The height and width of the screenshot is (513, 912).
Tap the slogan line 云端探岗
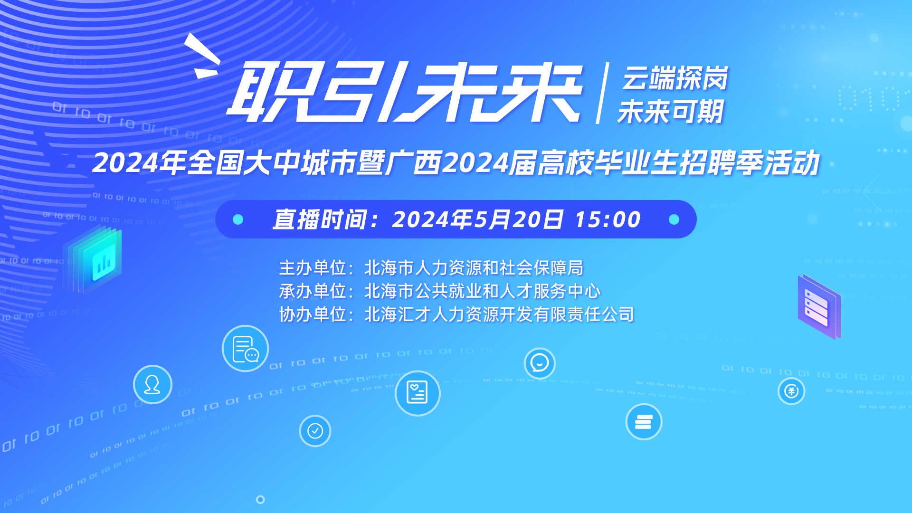coord(675,78)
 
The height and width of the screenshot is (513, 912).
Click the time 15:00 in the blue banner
coord(608,219)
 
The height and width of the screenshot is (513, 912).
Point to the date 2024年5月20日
coord(477,219)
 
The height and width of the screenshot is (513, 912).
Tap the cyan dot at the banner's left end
coord(238,219)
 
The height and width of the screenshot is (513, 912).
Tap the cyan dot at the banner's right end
coord(674,219)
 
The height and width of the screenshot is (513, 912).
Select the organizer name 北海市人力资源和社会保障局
coord(474,268)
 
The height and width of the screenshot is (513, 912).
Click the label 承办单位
coord(313,291)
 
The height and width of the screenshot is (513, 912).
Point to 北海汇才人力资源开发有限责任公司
coord(499,314)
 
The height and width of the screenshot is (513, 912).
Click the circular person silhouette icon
coord(152,384)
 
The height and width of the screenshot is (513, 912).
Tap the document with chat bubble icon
coord(245,348)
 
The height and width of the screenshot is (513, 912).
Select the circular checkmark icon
coord(315,431)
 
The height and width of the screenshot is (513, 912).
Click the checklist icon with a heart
coord(418,393)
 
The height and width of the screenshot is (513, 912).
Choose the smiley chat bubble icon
coord(540,363)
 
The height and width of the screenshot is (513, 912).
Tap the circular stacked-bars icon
coord(644,421)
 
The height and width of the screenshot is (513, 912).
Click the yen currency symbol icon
coord(791,391)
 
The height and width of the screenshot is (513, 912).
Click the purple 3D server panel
coord(819,307)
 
